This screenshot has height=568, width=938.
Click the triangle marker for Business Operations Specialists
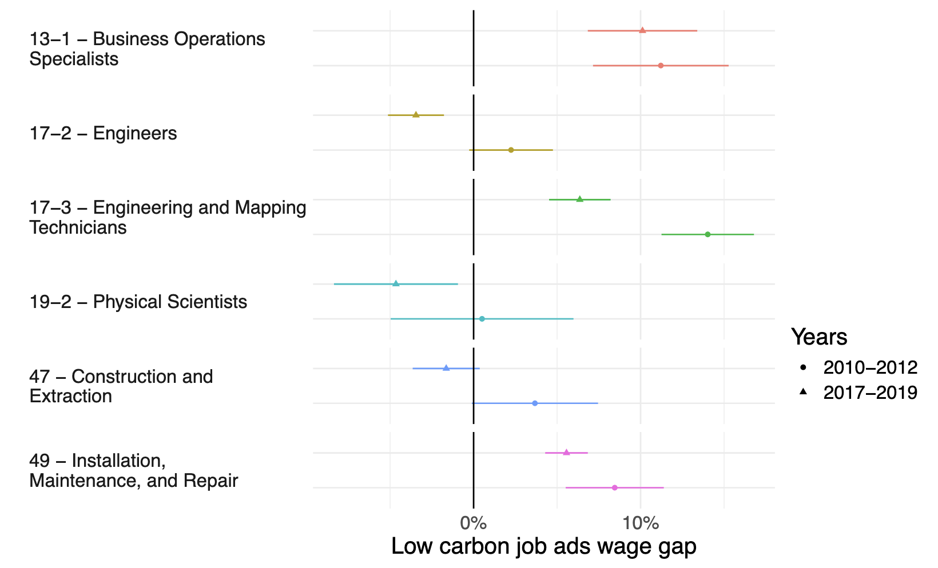[642, 30]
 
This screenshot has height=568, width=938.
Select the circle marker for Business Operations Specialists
[661, 66]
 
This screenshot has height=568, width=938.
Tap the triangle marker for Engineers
[416, 115]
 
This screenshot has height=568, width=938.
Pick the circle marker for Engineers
[511, 150]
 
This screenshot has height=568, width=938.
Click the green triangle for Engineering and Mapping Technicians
[580, 199]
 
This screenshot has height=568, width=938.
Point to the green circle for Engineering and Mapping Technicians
[708, 234]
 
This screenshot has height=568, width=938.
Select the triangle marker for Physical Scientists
[396, 283]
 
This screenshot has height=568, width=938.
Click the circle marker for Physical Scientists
[482, 319]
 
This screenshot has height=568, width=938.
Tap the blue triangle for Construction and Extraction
[446, 368]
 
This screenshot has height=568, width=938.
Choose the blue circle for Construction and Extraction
[535, 403]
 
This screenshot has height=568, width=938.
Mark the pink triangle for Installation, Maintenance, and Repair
[566, 453]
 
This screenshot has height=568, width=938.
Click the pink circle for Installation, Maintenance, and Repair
[615, 488]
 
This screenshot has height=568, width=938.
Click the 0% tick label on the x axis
[474, 523]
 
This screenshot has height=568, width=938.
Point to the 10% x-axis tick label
[641, 523]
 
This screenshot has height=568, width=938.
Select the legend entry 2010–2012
[870, 367]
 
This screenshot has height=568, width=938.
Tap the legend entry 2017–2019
[870, 393]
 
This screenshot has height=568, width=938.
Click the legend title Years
[819, 337]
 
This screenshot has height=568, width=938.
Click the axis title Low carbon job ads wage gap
[544, 547]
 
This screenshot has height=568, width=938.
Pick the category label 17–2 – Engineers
[104, 134]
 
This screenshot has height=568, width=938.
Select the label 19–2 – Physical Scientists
[138, 302]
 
